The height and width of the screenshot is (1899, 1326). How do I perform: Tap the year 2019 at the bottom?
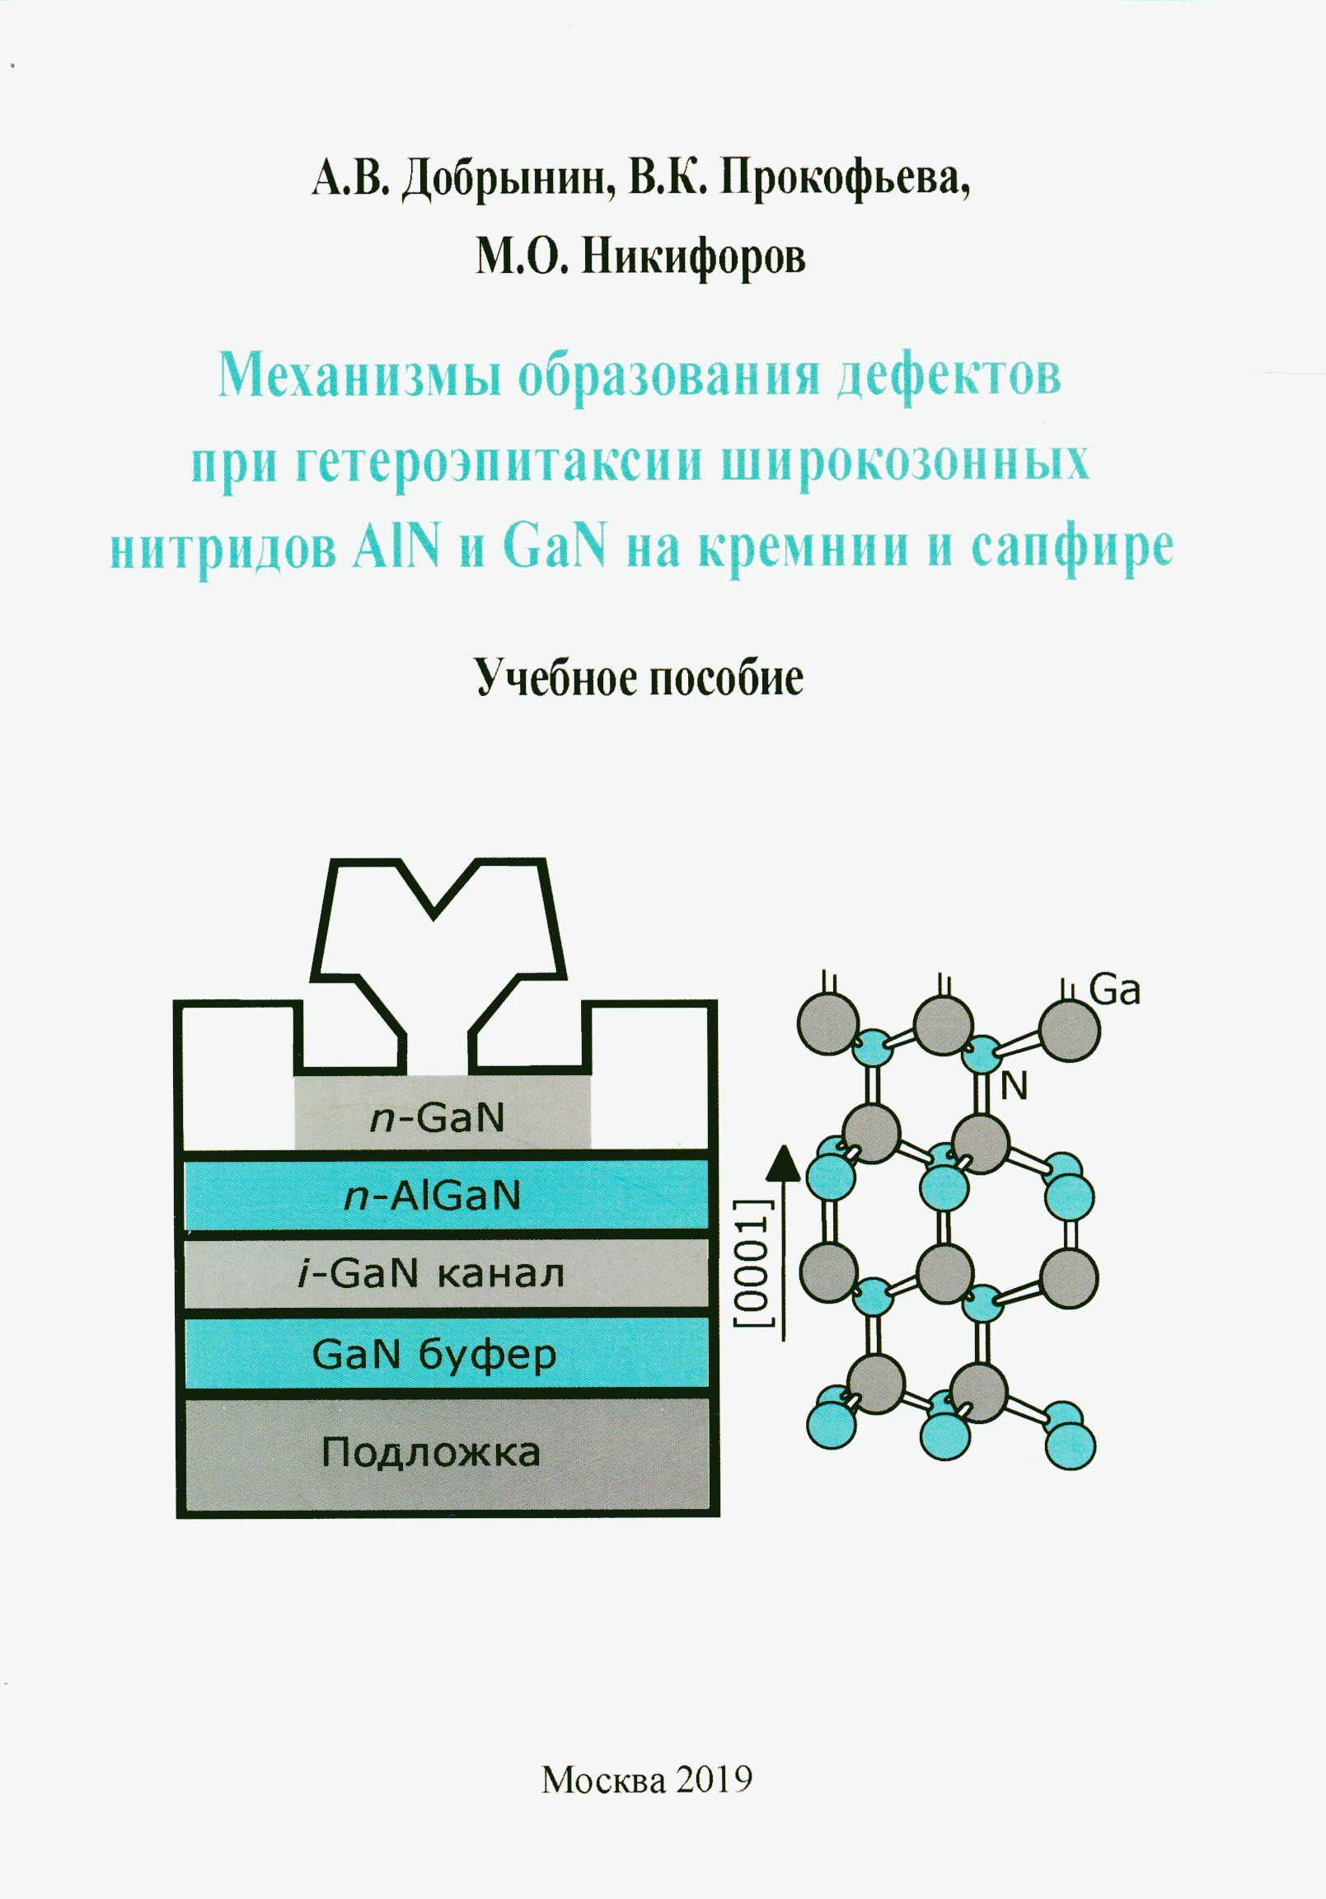pyautogui.click(x=716, y=1775)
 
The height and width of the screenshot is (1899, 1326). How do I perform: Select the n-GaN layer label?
pyautogui.click(x=438, y=1118)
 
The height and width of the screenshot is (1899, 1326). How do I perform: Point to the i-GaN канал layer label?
pyautogui.click(x=431, y=1274)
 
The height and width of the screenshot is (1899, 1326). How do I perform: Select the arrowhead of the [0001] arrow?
pyautogui.click(x=783, y=1165)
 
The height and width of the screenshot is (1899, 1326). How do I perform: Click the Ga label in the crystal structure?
pyautogui.click(x=1115, y=990)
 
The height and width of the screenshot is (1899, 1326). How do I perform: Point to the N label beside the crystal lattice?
pyautogui.click(x=1014, y=1087)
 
